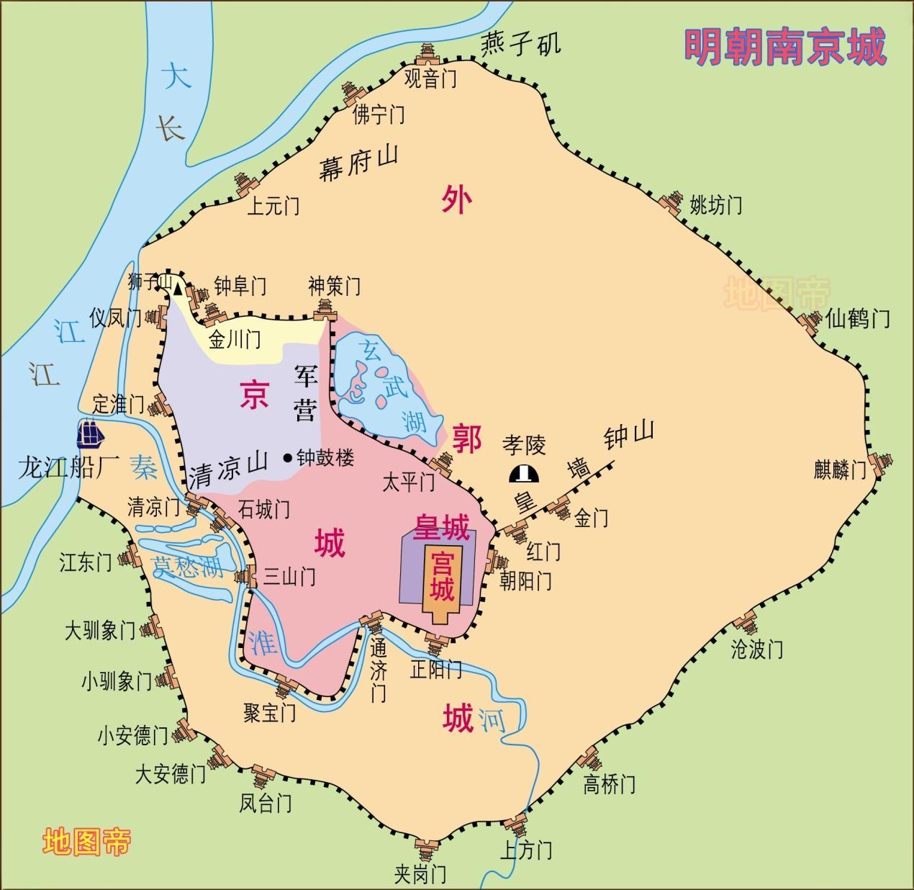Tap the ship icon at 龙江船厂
(x=91, y=433)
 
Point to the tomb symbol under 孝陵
(x=525, y=474)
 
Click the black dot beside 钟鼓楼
(x=289, y=457)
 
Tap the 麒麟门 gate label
(x=840, y=470)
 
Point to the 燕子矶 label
(x=520, y=45)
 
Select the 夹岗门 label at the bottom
(x=420, y=873)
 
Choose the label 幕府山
(x=358, y=164)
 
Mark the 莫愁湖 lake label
(x=188, y=567)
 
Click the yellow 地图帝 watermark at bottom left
(x=86, y=840)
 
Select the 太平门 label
(x=408, y=482)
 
